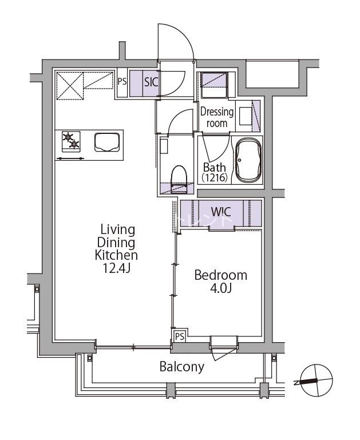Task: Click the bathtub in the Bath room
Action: pyautogui.click(x=248, y=160)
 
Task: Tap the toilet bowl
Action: pyautogui.click(x=179, y=179)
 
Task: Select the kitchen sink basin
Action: pyautogui.click(x=107, y=142)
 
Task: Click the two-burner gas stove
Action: pyautogui.click(x=71, y=141)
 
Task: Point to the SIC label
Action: pyautogui.click(x=151, y=82)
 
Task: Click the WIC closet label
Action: pyautogui.click(x=221, y=212)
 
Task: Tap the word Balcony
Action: pyautogui.click(x=182, y=367)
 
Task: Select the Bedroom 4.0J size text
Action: pyautogui.click(x=220, y=288)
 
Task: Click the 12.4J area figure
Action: pyautogui.click(x=116, y=268)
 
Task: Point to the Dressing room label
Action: pyautogui.click(x=217, y=117)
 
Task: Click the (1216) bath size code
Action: pyautogui.click(x=215, y=177)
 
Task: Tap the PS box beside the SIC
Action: pyautogui.click(x=122, y=82)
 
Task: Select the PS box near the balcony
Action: pyautogui.click(x=180, y=336)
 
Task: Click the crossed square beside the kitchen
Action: pyautogui.click(x=70, y=85)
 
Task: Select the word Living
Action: pyautogui.click(x=117, y=230)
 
